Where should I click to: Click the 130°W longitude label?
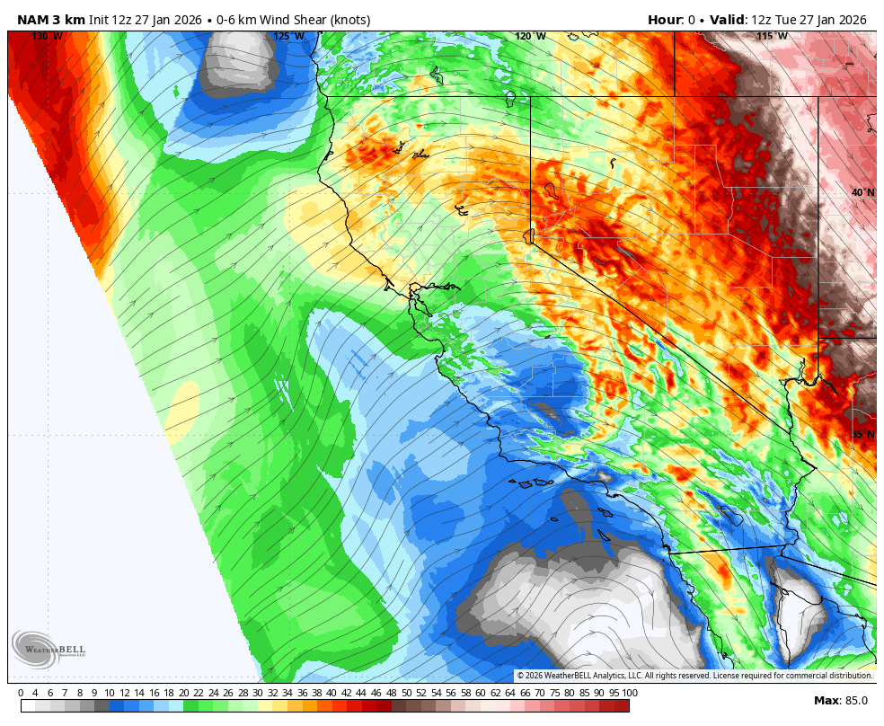point(47,37)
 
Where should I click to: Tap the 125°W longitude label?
point(288,37)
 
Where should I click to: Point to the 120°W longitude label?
point(530,37)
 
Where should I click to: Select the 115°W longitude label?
point(772,37)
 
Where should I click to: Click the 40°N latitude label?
point(862,193)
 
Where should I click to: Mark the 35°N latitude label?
point(862,435)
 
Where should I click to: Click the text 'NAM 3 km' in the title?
point(51,20)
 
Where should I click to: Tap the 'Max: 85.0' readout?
point(840,701)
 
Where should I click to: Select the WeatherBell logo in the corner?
point(36,649)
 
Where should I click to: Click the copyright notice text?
point(694,676)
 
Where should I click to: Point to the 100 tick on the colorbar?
point(630,693)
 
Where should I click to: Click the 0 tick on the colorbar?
point(21,693)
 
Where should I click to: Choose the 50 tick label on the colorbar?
point(406,693)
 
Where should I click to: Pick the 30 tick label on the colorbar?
point(258,693)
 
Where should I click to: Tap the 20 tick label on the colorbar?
point(183,693)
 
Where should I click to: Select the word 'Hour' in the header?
point(664,20)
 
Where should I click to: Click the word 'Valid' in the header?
point(729,20)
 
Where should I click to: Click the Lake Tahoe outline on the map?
point(528,236)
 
